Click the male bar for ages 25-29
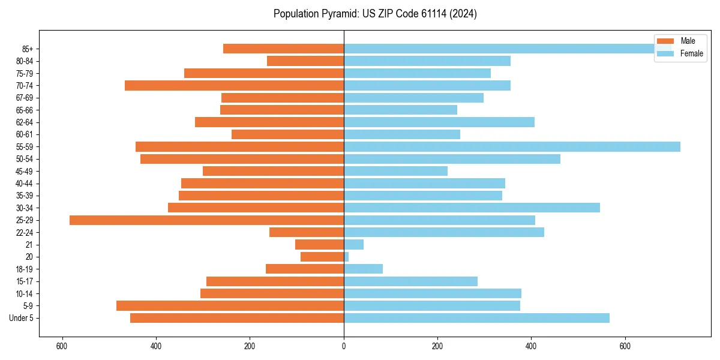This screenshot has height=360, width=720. pyautogui.click(x=206, y=220)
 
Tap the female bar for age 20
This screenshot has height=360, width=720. pyautogui.click(x=346, y=257)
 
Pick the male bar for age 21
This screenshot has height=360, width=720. pyautogui.click(x=319, y=245)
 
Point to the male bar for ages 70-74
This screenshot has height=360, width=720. pyautogui.click(x=234, y=86)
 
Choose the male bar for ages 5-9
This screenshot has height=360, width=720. pyautogui.click(x=230, y=306)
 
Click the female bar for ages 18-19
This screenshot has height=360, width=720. pyautogui.click(x=363, y=269)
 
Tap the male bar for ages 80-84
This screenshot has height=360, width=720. pyautogui.click(x=305, y=61)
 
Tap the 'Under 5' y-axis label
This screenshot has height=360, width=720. pyautogui.click(x=21, y=318)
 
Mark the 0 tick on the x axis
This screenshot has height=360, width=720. pyautogui.click(x=344, y=346)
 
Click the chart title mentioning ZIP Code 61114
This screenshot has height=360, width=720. pyautogui.click(x=375, y=14)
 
